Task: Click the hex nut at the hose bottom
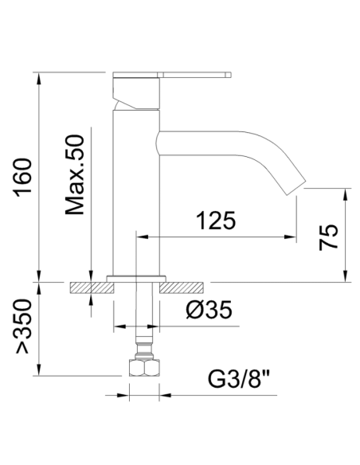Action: click(x=144, y=368)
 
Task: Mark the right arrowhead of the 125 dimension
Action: click(x=292, y=236)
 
